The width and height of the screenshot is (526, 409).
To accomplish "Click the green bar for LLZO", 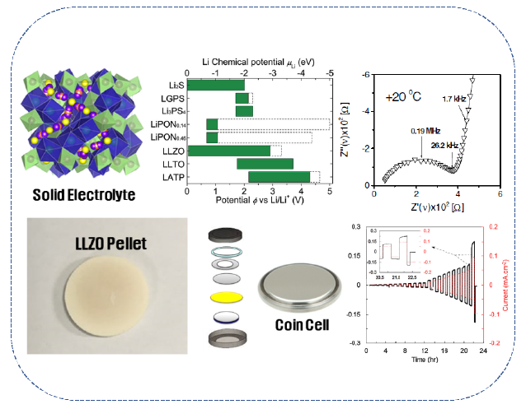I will tap(228, 151).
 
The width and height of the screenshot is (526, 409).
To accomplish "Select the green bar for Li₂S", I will tap(216, 85).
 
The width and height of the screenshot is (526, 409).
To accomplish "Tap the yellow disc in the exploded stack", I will tap(225, 296).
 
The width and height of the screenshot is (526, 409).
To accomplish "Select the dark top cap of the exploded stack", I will tap(226, 233).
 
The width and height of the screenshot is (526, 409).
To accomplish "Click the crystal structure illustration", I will tap(80, 122).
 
